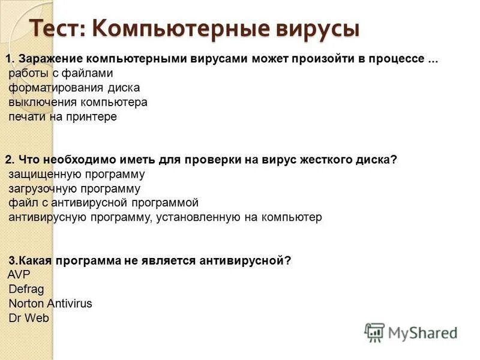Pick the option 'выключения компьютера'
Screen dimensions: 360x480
pos(78,103)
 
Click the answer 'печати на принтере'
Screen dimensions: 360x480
pos(63,117)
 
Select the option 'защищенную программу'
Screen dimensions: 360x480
pos(77,175)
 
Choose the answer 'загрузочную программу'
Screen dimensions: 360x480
pos(74,189)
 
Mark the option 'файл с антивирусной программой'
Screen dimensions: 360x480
pos(103,203)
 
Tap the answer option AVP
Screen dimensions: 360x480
pos(19,275)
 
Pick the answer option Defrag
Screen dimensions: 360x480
pos(26,289)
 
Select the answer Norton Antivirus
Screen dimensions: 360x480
pos(50,304)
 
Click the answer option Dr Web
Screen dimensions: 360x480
pos(29,318)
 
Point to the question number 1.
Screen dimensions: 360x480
pos(10,59)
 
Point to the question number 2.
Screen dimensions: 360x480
pos(10,160)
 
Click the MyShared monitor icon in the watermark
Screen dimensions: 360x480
pos(374,332)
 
